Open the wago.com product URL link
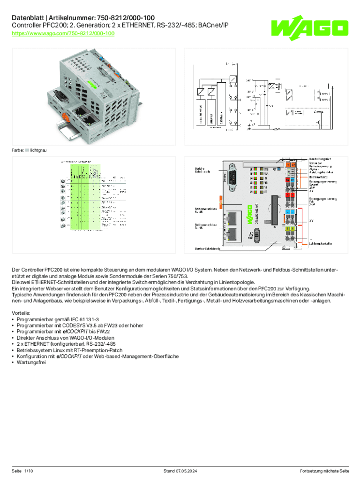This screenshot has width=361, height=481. click(x=63, y=34)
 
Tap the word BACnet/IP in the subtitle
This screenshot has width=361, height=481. click(x=214, y=25)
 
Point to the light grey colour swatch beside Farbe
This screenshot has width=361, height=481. click(x=27, y=150)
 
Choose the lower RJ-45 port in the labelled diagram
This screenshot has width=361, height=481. click(x=233, y=233)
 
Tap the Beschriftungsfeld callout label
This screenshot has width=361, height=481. click(x=320, y=159)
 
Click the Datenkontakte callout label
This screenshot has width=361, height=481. click(x=318, y=177)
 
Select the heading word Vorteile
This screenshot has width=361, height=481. click(x=22, y=312)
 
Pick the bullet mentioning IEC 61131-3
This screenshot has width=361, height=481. click(x=51, y=319)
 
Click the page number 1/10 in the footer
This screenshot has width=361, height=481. click(x=29, y=471)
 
